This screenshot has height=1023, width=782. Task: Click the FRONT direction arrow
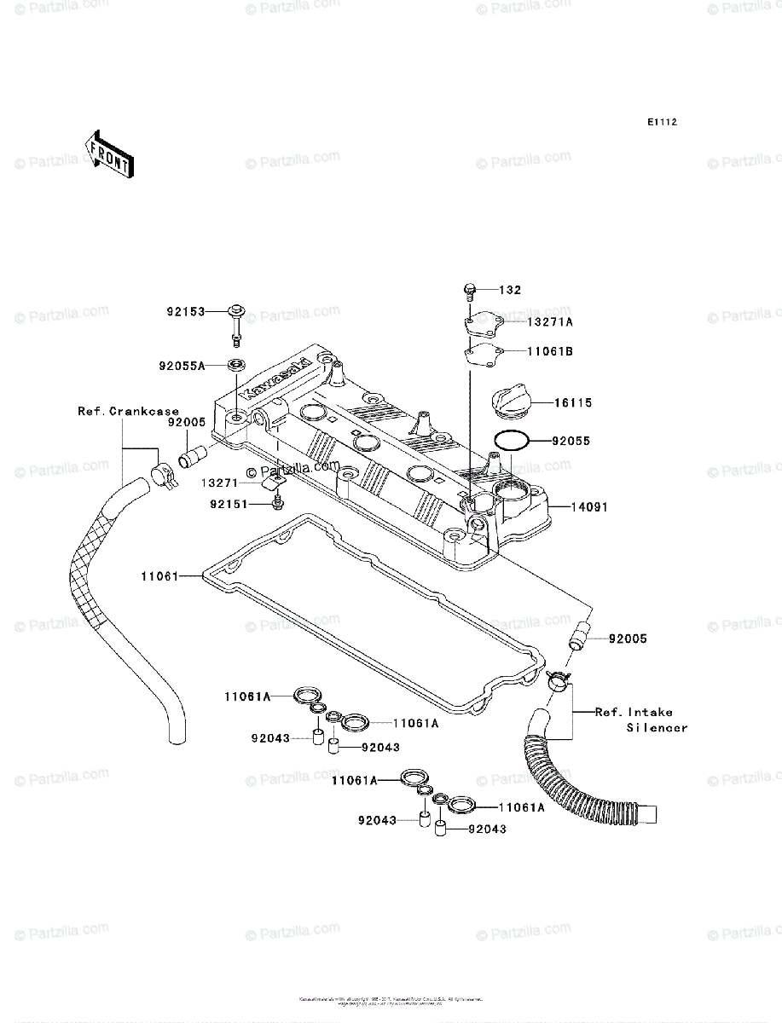(x=107, y=153)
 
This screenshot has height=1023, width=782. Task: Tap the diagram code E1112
(x=661, y=123)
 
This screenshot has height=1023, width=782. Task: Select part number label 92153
(x=186, y=312)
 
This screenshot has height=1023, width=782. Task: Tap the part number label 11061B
(x=549, y=350)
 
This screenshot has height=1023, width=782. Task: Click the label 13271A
(x=549, y=321)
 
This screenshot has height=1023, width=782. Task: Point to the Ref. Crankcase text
(x=129, y=411)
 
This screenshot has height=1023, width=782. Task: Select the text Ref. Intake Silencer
(x=641, y=720)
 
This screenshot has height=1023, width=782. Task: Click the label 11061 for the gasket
(x=159, y=576)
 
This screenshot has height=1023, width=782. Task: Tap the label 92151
(x=228, y=504)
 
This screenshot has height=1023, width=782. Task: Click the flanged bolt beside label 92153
(x=236, y=320)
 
